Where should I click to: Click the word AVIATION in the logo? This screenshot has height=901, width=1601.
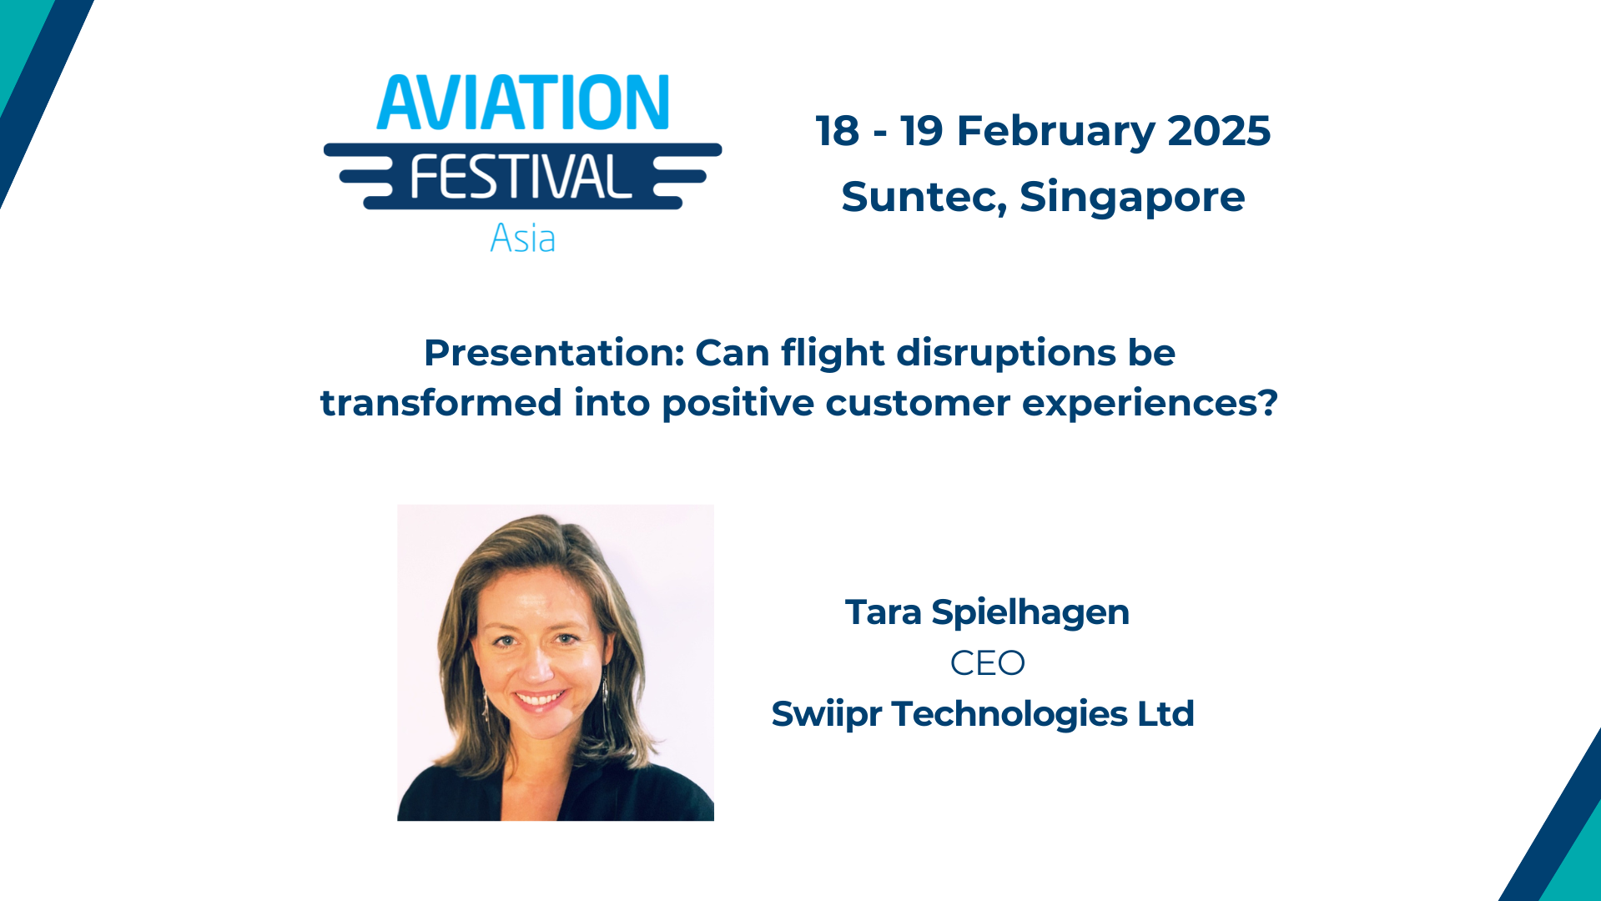[x=522, y=103]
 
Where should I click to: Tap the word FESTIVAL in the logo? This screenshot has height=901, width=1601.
[x=521, y=177]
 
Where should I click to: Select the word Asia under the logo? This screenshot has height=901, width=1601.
[x=522, y=239]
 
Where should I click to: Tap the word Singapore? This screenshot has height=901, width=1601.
[x=1132, y=198]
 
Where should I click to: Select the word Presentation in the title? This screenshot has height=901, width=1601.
[x=554, y=354]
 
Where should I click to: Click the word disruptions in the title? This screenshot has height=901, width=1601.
[x=1006, y=353]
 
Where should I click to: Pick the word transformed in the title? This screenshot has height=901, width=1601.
[x=441, y=403]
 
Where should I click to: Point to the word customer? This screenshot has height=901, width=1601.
[x=918, y=404]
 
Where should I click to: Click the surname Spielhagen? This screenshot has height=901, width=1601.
[x=1030, y=613]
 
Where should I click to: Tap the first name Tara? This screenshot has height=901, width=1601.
[x=883, y=612]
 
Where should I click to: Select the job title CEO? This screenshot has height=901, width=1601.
[x=987, y=663]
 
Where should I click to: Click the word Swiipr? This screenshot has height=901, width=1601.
[x=826, y=715]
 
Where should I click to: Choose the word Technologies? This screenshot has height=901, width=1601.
[x=1009, y=714]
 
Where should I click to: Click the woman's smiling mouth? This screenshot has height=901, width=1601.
[x=540, y=699]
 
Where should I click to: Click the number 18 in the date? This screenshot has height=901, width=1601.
[x=837, y=131]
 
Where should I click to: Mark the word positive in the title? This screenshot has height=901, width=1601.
[x=738, y=404]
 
